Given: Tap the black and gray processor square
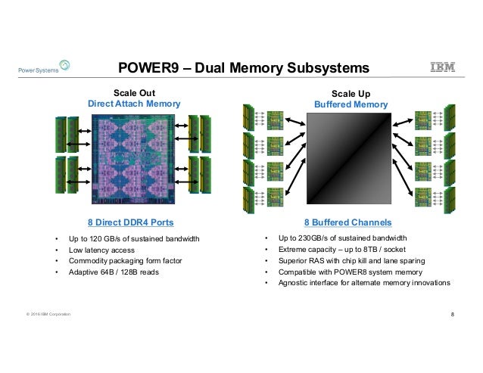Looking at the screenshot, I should click(347, 161).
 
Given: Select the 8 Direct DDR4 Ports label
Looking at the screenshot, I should click(132, 222).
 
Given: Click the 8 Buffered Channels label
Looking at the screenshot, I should click(347, 222).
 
